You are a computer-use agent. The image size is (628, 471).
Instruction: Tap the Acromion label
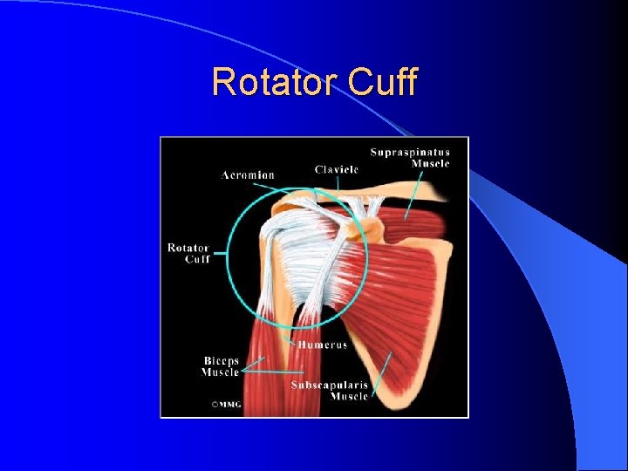click(248, 175)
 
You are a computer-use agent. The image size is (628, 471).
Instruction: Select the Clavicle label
click(337, 169)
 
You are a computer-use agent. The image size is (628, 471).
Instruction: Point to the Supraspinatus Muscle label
click(410, 158)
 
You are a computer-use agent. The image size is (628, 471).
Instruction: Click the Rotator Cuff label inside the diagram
click(189, 253)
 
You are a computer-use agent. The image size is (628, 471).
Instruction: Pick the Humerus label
click(323, 345)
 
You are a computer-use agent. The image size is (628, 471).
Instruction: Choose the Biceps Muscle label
click(221, 366)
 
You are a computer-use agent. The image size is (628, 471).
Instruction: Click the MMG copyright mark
click(226, 405)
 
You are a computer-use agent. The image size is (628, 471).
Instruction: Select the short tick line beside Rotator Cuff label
click(217, 254)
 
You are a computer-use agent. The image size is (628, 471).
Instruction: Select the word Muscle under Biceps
click(221, 372)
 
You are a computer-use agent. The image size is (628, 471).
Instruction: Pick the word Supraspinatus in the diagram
click(410, 153)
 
